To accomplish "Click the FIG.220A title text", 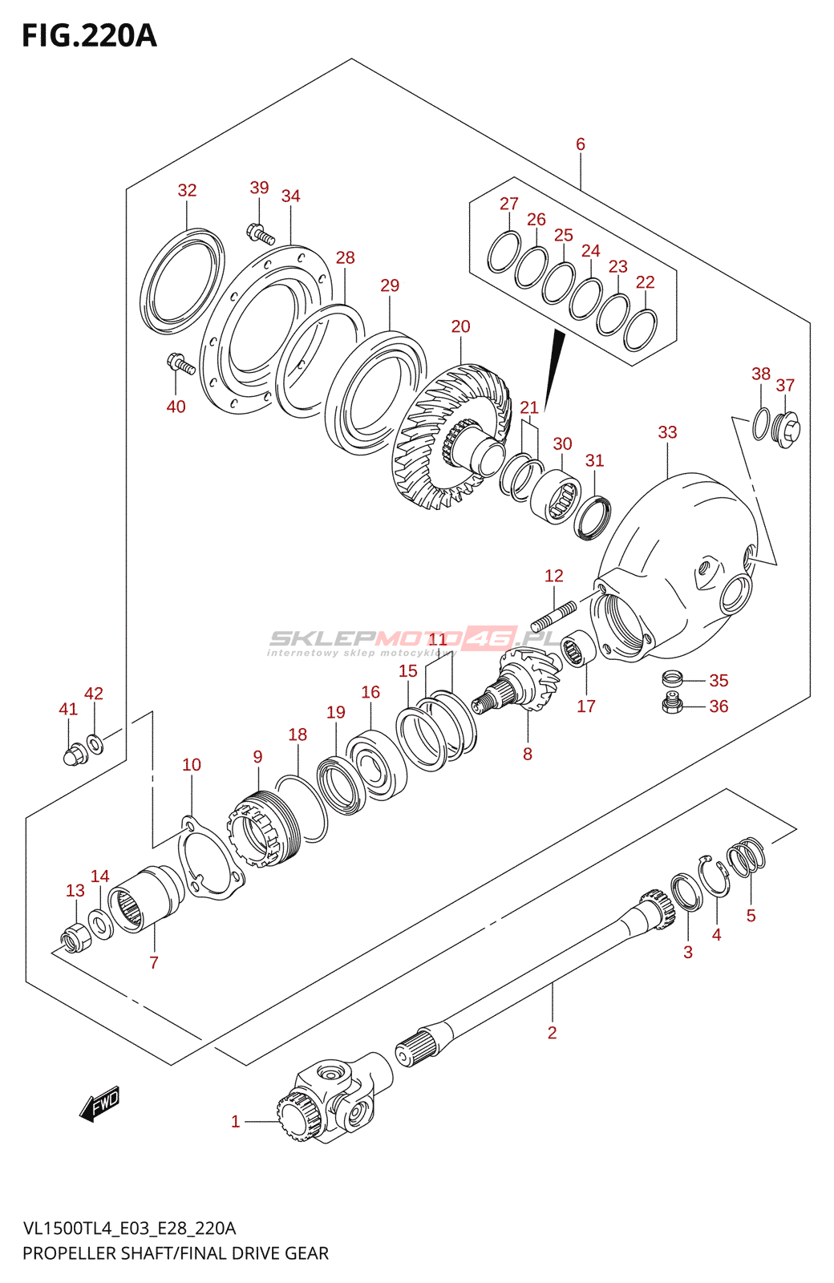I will pos(89,36).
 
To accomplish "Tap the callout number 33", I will pos(667,432).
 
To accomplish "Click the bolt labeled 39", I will pos(261,233).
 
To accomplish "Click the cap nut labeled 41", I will pos(73,754).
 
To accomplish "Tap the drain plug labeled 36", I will pos(672,706).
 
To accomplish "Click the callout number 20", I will pos(460,326).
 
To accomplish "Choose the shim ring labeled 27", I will pos(504,251).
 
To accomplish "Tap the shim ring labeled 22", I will pos(640,329).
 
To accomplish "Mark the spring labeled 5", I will pos(746,856).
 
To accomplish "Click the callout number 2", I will pos(552,1033).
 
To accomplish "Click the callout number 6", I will pos(581,144).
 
